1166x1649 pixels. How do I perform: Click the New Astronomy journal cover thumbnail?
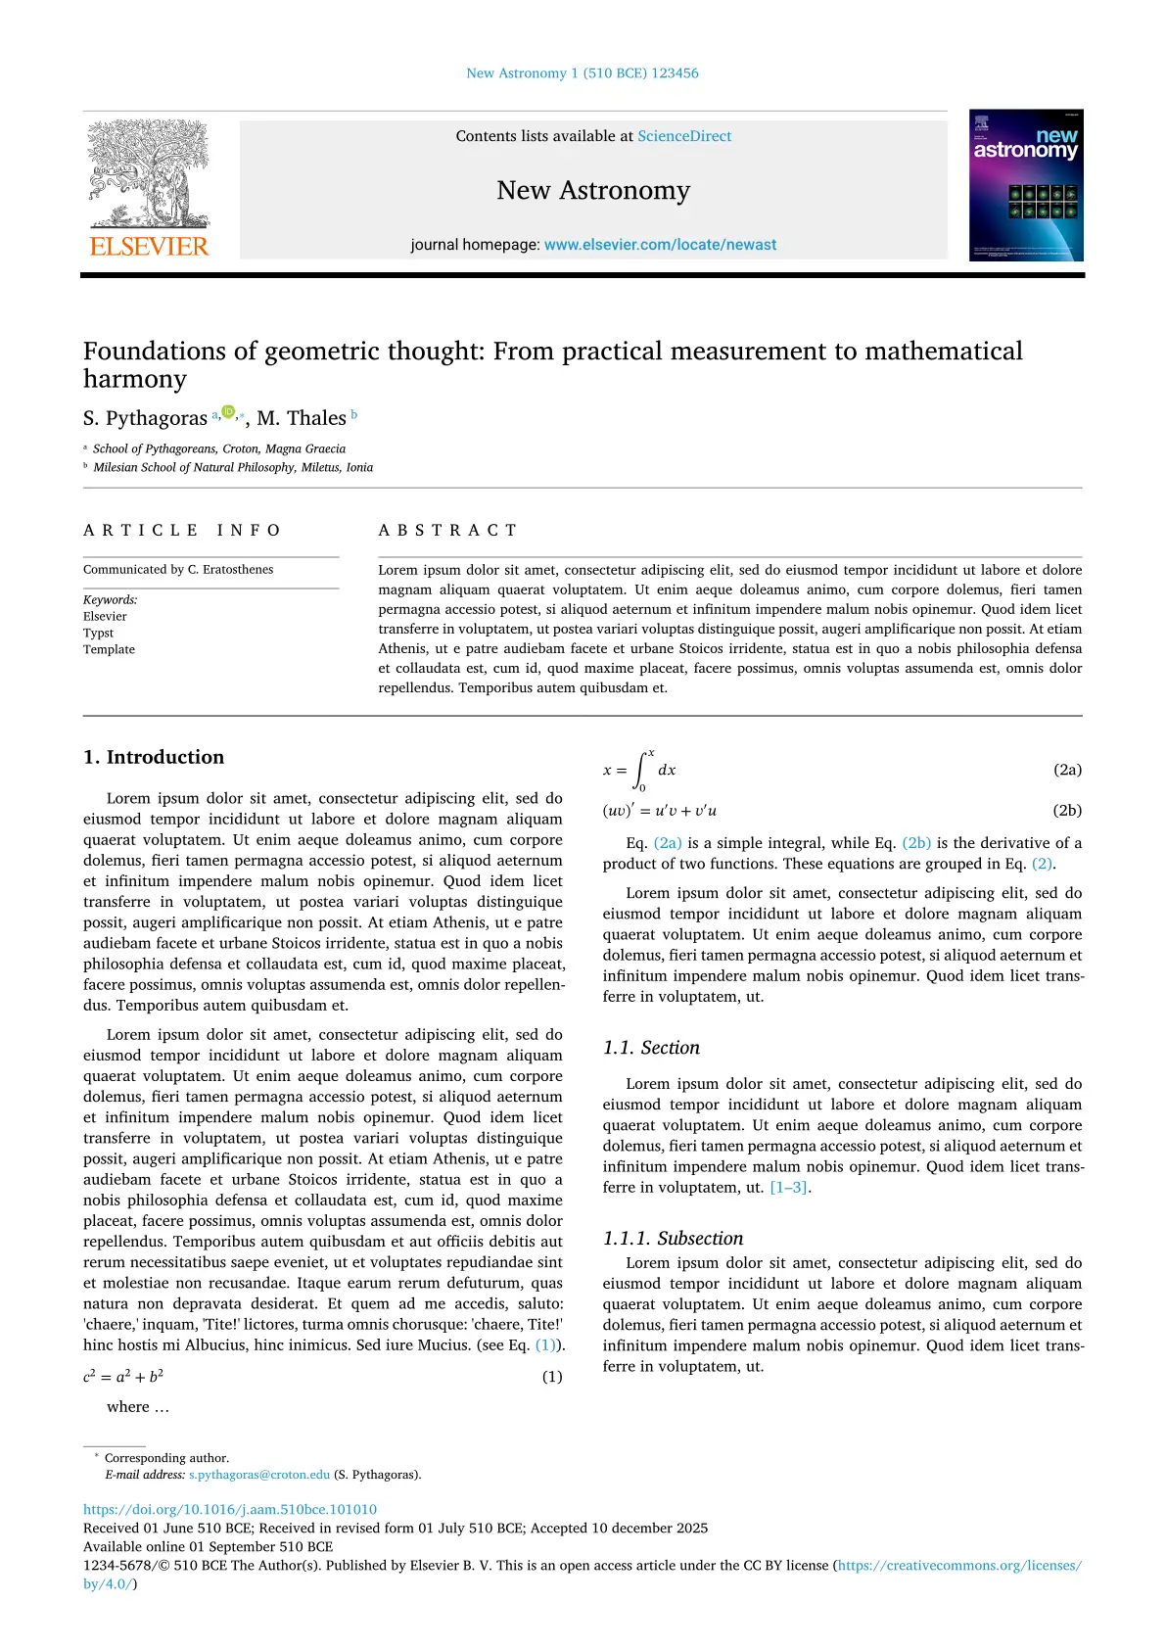point(1026,185)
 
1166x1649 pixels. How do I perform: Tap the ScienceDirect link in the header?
point(684,136)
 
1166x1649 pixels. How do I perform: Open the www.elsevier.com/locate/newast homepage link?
point(660,245)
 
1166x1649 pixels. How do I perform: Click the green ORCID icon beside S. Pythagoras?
point(228,412)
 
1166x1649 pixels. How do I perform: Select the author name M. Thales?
point(302,418)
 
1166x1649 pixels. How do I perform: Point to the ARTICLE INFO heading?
point(182,530)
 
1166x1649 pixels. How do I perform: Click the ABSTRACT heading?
point(447,530)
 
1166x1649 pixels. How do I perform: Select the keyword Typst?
point(98,633)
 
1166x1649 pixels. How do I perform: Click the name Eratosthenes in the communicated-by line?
point(238,569)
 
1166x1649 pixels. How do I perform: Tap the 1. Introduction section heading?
point(154,757)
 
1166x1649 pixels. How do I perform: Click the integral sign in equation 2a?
point(641,771)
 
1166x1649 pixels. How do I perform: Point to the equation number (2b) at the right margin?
point(1067,810)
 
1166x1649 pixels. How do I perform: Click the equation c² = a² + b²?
point(123,1377)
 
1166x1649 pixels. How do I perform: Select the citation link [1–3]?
point(788,1187)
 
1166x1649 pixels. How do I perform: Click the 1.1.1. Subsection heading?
point(673,1238)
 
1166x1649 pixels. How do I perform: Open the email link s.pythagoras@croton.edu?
point(259,1475)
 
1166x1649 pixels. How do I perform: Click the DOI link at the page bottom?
point(230,1509)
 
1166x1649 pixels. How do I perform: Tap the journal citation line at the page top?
point(583,73)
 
